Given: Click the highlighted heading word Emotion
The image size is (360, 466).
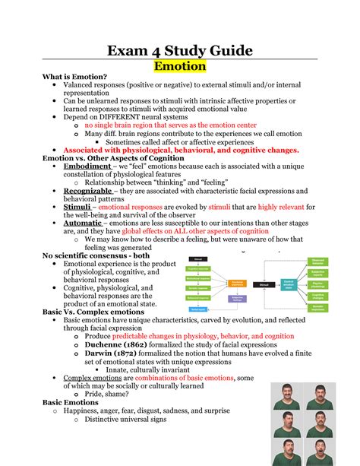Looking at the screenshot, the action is pyautogui.click(x=180, y=66).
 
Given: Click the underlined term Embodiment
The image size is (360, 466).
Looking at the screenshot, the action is pyautogui.click(x=87, y=166).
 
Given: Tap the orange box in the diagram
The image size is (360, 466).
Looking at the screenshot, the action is pyautogui.click(x=238, y=283).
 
